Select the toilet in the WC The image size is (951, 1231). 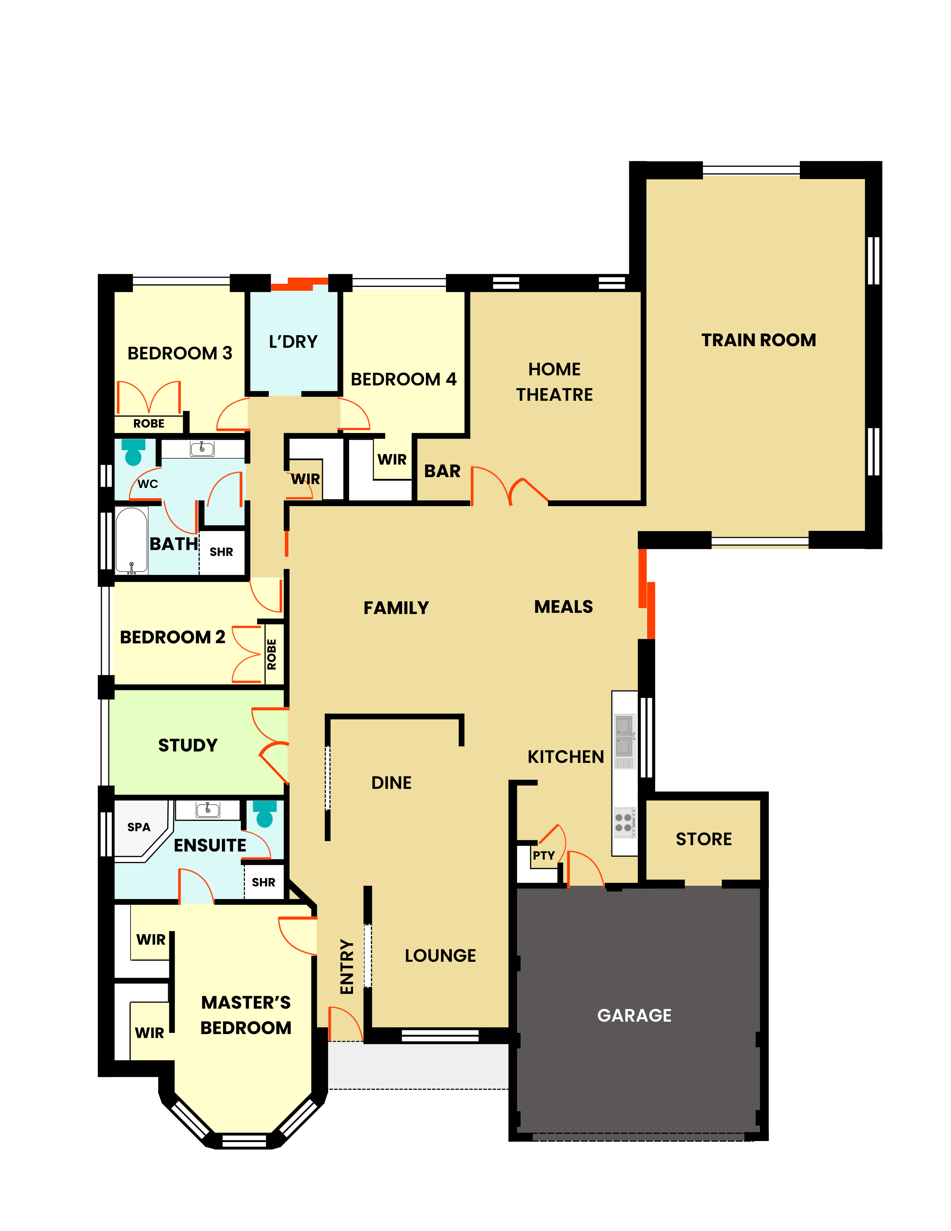(x=134, y=452)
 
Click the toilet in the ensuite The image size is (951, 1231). (x=264, y=813)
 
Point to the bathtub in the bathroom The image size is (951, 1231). (x=131, y=540)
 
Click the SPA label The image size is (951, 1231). (x=139, y=827)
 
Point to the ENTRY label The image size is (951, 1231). (x=347, y=967)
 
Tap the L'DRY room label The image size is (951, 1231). (x=293, y=342)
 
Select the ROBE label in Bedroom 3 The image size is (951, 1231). (x=149, y=423)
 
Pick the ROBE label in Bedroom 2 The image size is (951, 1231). (x=272, y=654)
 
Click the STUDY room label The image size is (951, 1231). (x=188, y=745)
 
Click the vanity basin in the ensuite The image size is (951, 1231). (x=207, y=810)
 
